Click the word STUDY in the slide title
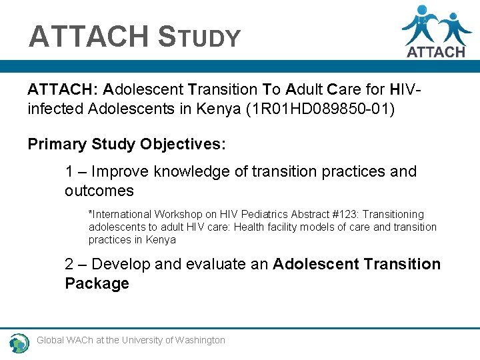[x=199, y=37]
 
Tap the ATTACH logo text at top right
[x=435, y=51]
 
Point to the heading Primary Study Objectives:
[x=127, y=144]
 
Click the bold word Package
[x=97, y=284]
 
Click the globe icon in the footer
[x=19, y=343]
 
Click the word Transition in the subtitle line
[x=222, y=89]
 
